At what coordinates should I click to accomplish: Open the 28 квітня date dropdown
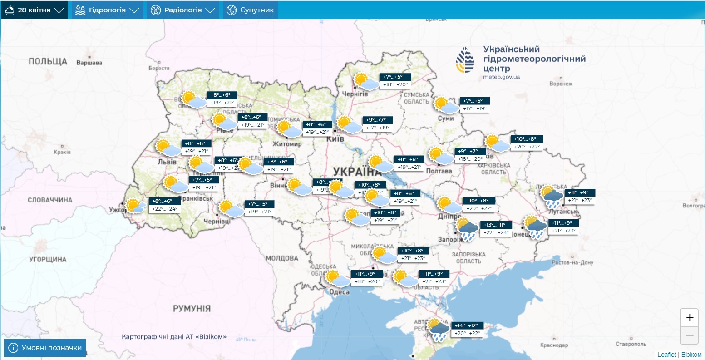pyautogui.click(x=34, y=10)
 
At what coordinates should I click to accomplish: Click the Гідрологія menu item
pyautogui.click(x=107, y=10)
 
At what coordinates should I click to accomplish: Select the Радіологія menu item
pyautogui.click(x=182, y=10)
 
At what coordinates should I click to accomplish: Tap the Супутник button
pyautogui.click(x=250, y=10)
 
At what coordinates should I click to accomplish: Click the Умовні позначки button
pyautogui.click(x=45, y=348)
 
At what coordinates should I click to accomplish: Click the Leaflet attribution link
pyautogui.click(x=666, y=355)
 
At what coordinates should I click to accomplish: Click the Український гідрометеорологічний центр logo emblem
pyautogui.click(x=465, y=60)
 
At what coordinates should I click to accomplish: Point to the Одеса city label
pyautogui.click(x=339, y=292)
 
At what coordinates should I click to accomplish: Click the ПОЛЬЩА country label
pyautogui.click(x=48, y=61)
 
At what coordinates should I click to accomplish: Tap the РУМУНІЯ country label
pyautogui.click(x=192, y=309)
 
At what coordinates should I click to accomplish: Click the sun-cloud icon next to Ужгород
pyautogui.click(x=135, y=206)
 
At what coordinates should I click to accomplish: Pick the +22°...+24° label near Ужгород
pyautogui.click(x=165, y=209)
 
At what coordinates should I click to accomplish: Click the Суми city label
pyautogui.click(x=446, y=118)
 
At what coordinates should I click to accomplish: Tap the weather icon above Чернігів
pyautogui.click(x=366, y=82)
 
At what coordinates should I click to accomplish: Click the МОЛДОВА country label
pyautogui.click(x=282, y=258)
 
